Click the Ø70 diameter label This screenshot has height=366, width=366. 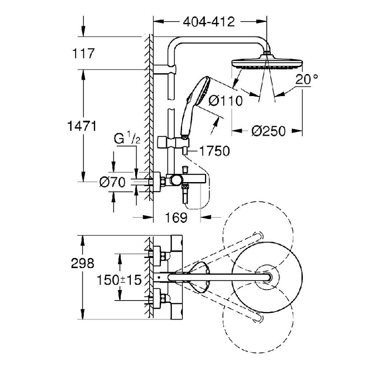click(x=113, y=182)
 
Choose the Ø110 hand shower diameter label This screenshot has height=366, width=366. click(x=225, y=101)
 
